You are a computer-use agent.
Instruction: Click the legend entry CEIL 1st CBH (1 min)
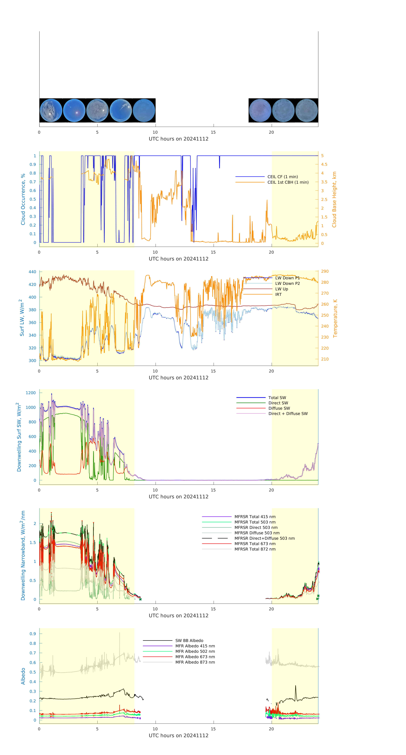[288, 182]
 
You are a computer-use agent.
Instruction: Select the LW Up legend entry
[281, 289]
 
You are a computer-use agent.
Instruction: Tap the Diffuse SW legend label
[279, 408]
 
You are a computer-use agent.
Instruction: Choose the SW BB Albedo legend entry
[189, 641]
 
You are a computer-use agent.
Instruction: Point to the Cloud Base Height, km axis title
[334, 200]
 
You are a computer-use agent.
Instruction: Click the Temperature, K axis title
[335, 318]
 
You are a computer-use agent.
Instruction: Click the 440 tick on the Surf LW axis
[32, 272]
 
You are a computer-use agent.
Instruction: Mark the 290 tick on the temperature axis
[325, 271]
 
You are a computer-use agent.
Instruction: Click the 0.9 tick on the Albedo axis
[33, 634]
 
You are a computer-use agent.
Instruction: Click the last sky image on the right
[306, 111]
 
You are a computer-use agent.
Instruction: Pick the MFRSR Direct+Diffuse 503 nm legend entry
[264, 538]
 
